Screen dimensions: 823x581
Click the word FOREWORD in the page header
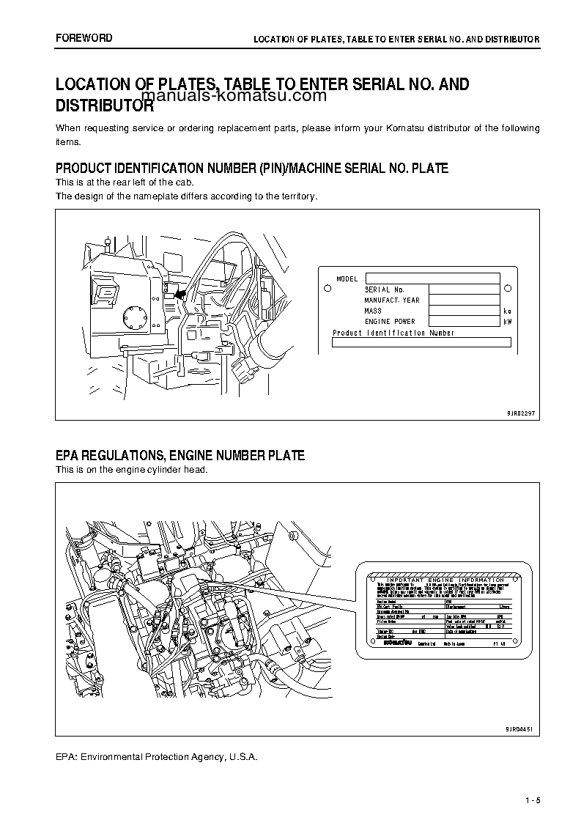(84, 37)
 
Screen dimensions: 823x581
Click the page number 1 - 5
(532, 800)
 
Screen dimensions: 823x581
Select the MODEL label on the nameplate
(347, 279)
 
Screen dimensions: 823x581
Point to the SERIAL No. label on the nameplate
(384, 289)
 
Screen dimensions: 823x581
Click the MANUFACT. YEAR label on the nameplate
(392, 300)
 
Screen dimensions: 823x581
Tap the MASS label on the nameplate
(373, 311)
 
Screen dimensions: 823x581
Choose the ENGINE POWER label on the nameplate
(390, 322)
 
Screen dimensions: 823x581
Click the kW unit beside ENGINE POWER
(507, 322)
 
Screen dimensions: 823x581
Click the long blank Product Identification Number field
(421, 342)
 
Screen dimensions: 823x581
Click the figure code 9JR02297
(521, 413)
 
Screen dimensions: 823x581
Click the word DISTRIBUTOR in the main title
(105, 106)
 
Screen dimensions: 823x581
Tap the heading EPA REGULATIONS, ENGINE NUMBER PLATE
(180, 456)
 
